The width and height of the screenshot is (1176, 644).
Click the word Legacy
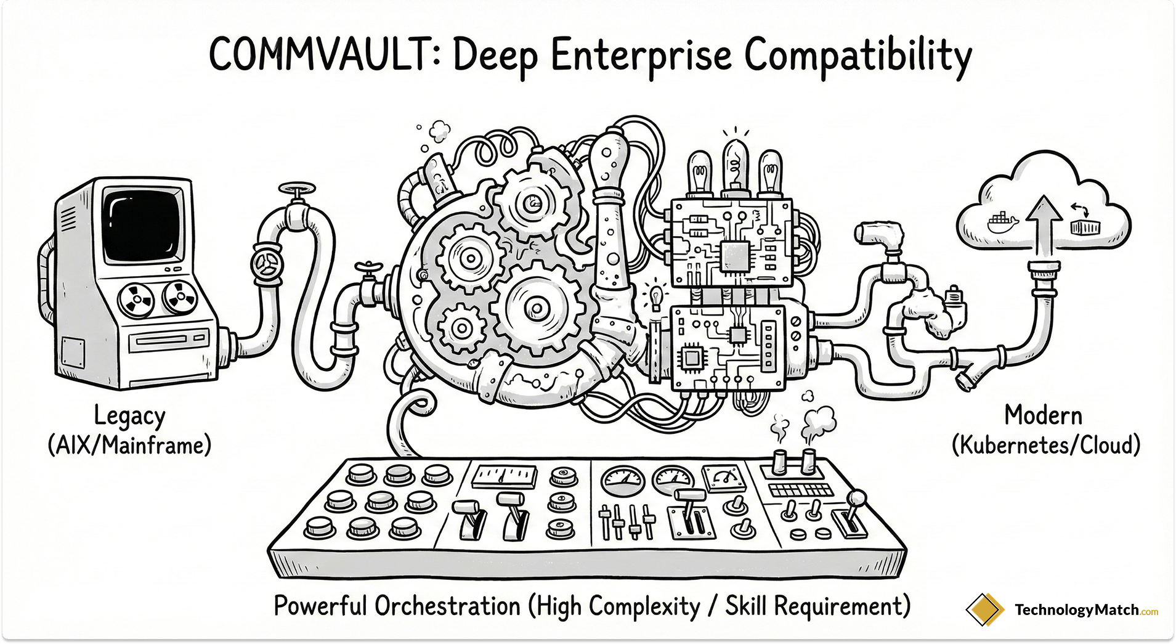129,417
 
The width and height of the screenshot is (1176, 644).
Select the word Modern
1043,415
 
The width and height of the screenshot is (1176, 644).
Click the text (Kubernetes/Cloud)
1045,445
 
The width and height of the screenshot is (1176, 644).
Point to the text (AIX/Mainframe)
129,445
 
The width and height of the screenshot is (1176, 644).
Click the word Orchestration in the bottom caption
448,606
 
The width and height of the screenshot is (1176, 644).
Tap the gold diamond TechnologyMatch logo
984,610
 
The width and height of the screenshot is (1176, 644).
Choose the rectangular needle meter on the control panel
503,476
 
